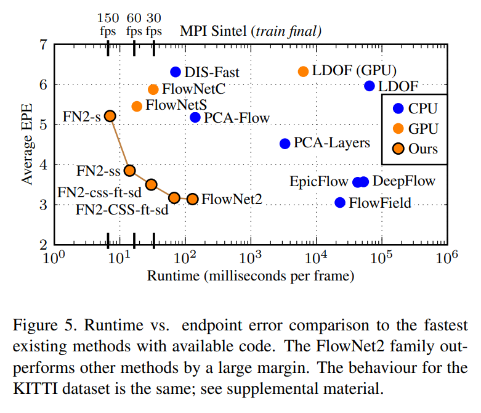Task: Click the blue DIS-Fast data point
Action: click(176, 72)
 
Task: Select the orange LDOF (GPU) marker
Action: click(303, 72)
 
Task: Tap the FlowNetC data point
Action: click(153, 89)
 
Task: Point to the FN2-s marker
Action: click(110, 116)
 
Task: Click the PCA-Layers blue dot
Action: click(285, 144)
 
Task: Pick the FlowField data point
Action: click(340, 202)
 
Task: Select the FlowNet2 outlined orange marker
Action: click(193, 199)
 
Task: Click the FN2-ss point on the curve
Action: click(130, 170)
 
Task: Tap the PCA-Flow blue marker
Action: click(195, 117)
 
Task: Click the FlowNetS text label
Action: click(176, 105)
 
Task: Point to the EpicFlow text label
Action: click(319, 181)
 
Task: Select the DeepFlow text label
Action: click(403, 181)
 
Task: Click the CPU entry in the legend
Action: click(415, 108)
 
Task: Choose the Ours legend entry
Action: click(415, 149)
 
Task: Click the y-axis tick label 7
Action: click(44, 45)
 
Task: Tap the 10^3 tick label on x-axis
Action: click(250, 257)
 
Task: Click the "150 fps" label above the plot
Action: click(108, 25)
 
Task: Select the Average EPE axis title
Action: click(27, 144)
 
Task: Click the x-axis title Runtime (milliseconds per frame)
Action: click(251, 276)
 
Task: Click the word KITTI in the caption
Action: click(35, 389)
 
